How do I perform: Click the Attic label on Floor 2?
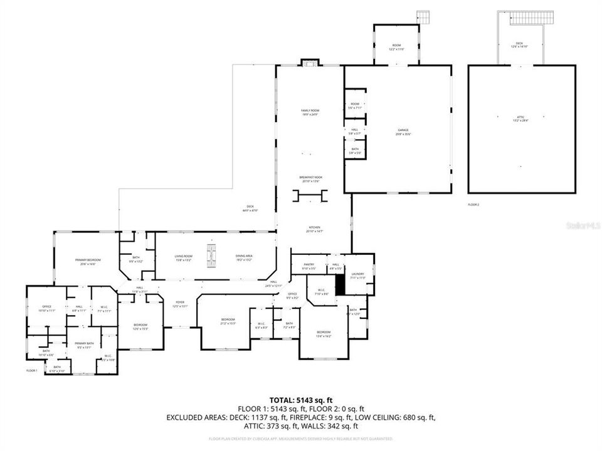[521, 118]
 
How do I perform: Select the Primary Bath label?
[84, 345]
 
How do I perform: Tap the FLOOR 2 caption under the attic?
[473, 205]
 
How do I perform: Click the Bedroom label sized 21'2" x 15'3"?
[227, 321]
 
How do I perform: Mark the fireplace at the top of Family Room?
[310, 63]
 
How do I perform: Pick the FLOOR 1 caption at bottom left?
[32, 371]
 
